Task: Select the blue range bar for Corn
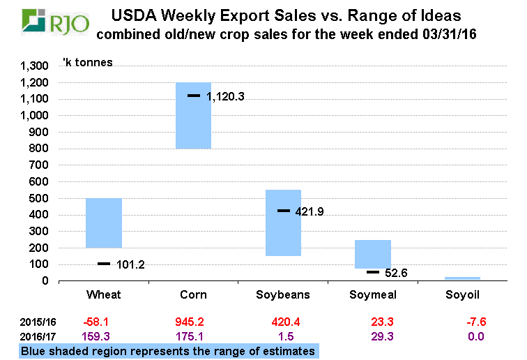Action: coord(193,115)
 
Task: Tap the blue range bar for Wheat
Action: coord(104,223)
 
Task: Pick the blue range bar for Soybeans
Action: coord(282,223)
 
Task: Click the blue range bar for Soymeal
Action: coord(372,254)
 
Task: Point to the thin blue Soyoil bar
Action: coord(462,278)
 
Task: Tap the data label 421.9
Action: coord(314,211)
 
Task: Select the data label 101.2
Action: coord(130,264)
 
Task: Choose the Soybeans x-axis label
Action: coord(282,295)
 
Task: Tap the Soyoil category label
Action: coord(462,295)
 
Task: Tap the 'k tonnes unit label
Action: coord(87,63)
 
